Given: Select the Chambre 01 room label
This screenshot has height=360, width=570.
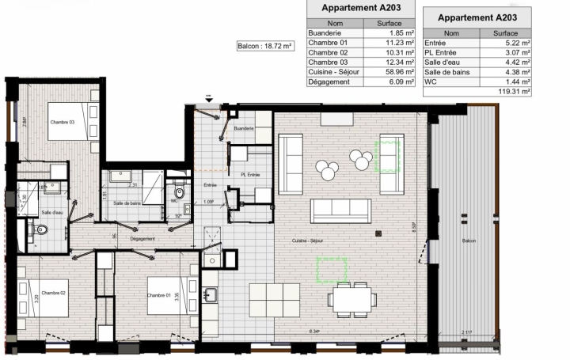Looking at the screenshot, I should (159, 295).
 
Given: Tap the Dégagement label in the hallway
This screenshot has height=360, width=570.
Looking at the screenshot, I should (142, 238).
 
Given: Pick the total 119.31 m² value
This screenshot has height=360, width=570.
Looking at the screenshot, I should (513, 91).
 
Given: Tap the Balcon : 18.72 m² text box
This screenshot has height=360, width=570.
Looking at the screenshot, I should (265, 47).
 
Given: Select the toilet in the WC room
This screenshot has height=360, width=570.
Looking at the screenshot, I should (180, 192).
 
